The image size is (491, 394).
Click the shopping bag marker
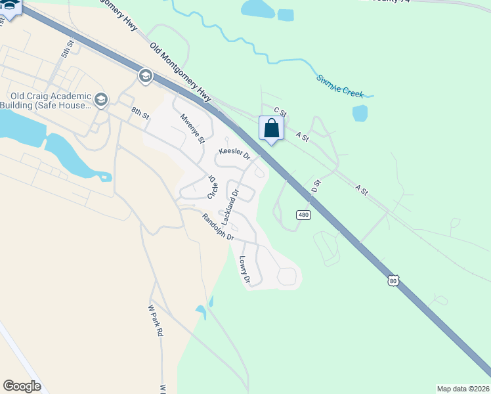[271, 129]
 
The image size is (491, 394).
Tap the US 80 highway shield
[393, 280]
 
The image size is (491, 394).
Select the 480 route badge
[303, 215]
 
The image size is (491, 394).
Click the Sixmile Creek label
[340, 86]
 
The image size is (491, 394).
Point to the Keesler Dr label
[235, 154]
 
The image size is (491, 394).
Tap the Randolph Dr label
[218, 227]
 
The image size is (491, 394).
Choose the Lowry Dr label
[245, 269]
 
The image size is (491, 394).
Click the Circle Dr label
[211, 187]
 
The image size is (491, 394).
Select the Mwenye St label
[193, 129]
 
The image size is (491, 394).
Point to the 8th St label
[140, 113]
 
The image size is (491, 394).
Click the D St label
[316, 185]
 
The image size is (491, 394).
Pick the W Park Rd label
[156, 320]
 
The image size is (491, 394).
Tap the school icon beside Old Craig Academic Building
[100, 100]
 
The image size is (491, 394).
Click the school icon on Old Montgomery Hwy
[145, 77]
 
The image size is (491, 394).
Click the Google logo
[22, 386]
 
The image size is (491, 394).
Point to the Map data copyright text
[463, 389]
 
